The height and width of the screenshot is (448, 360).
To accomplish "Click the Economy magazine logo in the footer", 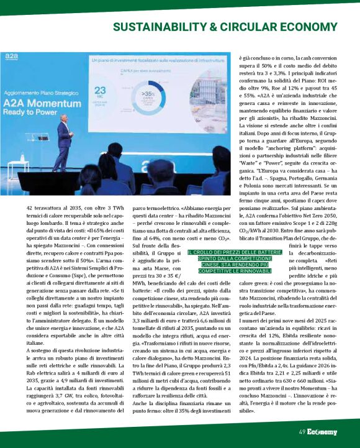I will click(x=322, y=431).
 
